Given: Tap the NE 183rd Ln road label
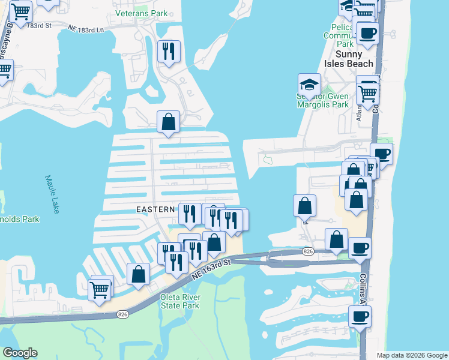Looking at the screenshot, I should coord(86,29).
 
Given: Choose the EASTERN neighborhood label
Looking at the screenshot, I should coord(155,209).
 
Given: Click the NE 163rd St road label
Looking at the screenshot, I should coord(212,269).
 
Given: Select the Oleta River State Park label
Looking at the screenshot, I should coord(179,301).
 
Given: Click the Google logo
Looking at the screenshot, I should coord(20,353).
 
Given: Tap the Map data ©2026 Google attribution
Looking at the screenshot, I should coord(411,355).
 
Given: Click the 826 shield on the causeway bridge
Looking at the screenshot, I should coord(309,251).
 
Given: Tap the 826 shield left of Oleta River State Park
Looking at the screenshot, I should coord(122,314).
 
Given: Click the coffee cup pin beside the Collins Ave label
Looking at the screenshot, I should coord(360,316).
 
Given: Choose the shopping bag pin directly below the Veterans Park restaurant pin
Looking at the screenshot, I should coord(169,122).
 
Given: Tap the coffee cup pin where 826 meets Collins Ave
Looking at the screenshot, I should coord(360,248).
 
